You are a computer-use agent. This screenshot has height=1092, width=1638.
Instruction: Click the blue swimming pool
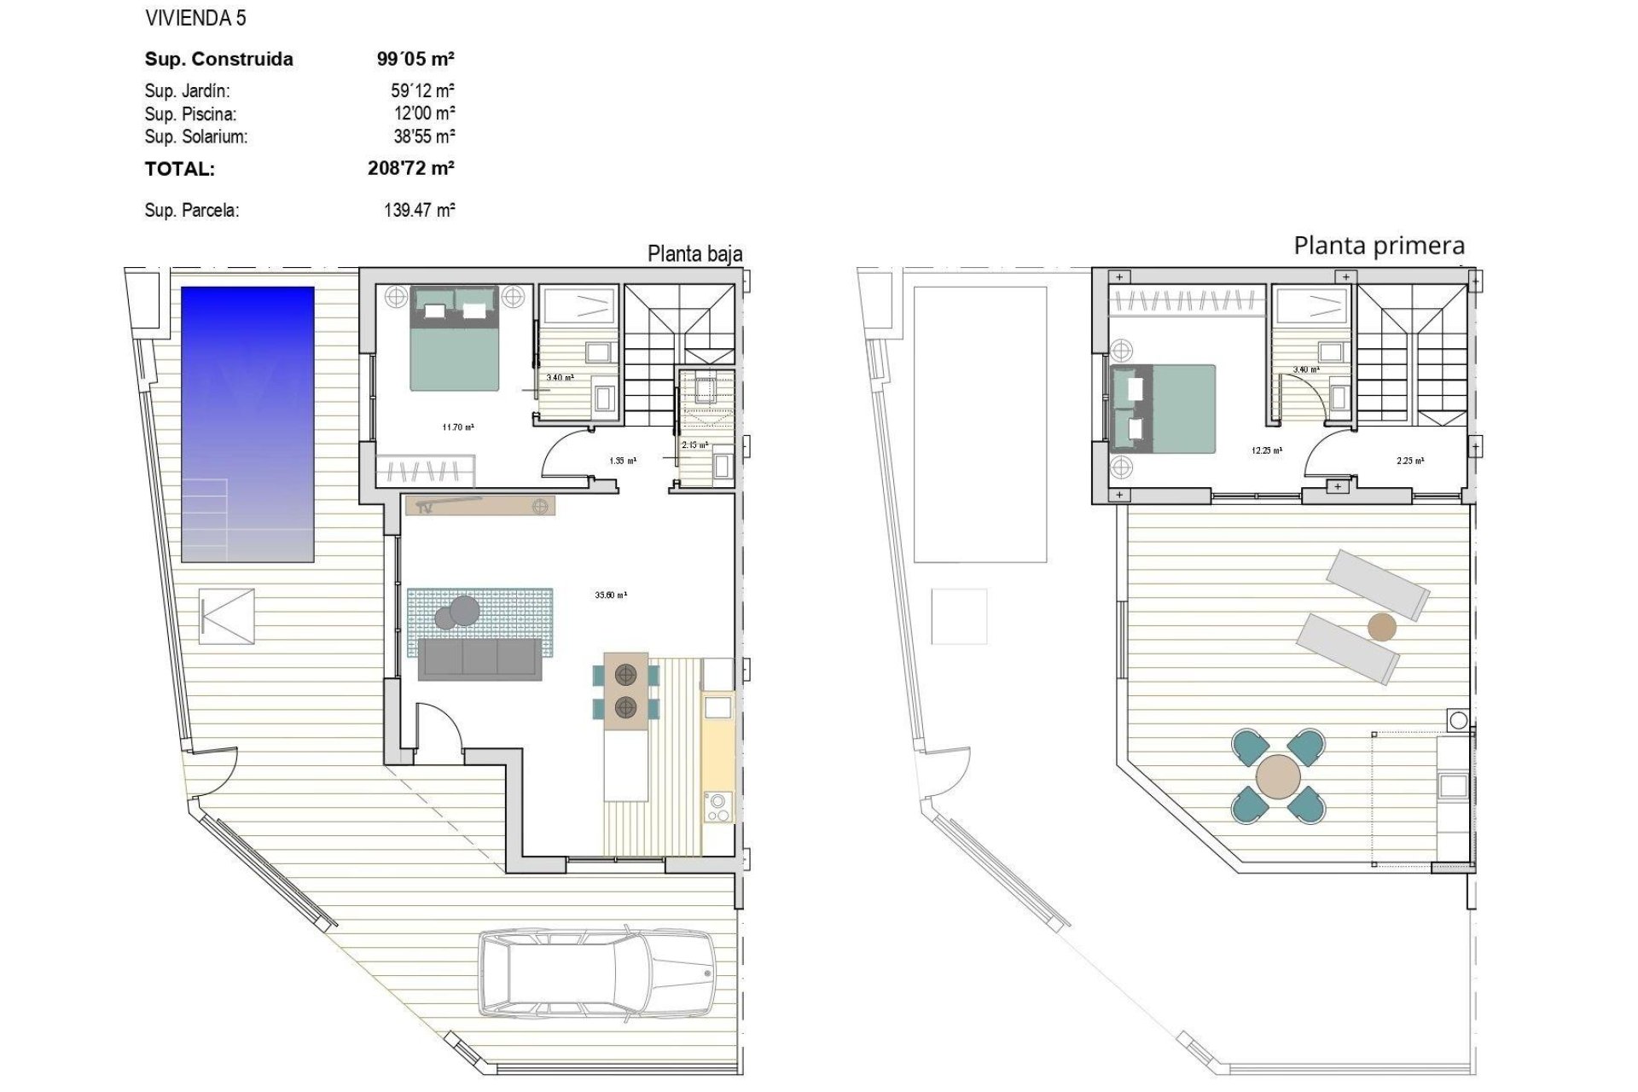(247, 424)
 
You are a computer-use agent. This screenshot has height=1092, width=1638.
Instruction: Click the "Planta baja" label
(694, 253)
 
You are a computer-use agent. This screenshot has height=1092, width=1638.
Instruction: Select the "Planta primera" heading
(1379, 246)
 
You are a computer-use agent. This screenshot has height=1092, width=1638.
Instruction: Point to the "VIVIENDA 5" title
(195, 18)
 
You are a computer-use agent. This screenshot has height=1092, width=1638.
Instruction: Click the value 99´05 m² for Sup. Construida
(415, 59)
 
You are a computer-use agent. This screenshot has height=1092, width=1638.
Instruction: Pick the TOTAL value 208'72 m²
(410, 168)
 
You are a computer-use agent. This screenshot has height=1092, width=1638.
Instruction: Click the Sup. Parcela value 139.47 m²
(419, 210)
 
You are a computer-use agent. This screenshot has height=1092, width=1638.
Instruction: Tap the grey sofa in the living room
(479, 659)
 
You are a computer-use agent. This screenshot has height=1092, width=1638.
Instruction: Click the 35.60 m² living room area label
(611, 595)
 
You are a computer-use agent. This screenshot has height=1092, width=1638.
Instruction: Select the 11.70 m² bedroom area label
(458, 427)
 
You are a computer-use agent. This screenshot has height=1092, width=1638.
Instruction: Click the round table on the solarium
(1279, 775)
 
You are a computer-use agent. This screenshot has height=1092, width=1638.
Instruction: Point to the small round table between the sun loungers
(1382, 627)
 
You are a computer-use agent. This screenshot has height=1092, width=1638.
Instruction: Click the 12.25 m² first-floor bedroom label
(1266, 450)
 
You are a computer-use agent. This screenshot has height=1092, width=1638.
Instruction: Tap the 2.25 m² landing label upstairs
(1409, 461)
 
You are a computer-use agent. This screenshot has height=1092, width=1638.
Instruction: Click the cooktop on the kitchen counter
(717, 806)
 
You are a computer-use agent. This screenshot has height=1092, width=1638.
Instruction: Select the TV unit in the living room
(480, 506)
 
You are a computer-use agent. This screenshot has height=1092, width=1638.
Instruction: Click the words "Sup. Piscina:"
(190, 113)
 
